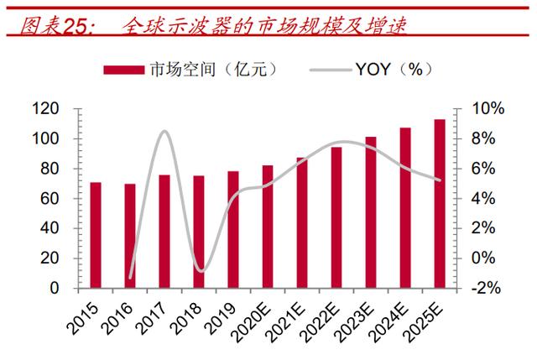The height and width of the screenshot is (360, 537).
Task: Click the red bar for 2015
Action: point(96,235)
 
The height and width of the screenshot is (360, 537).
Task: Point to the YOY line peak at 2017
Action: point(164,131)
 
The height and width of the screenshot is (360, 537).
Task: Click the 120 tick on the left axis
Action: point(69,109)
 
